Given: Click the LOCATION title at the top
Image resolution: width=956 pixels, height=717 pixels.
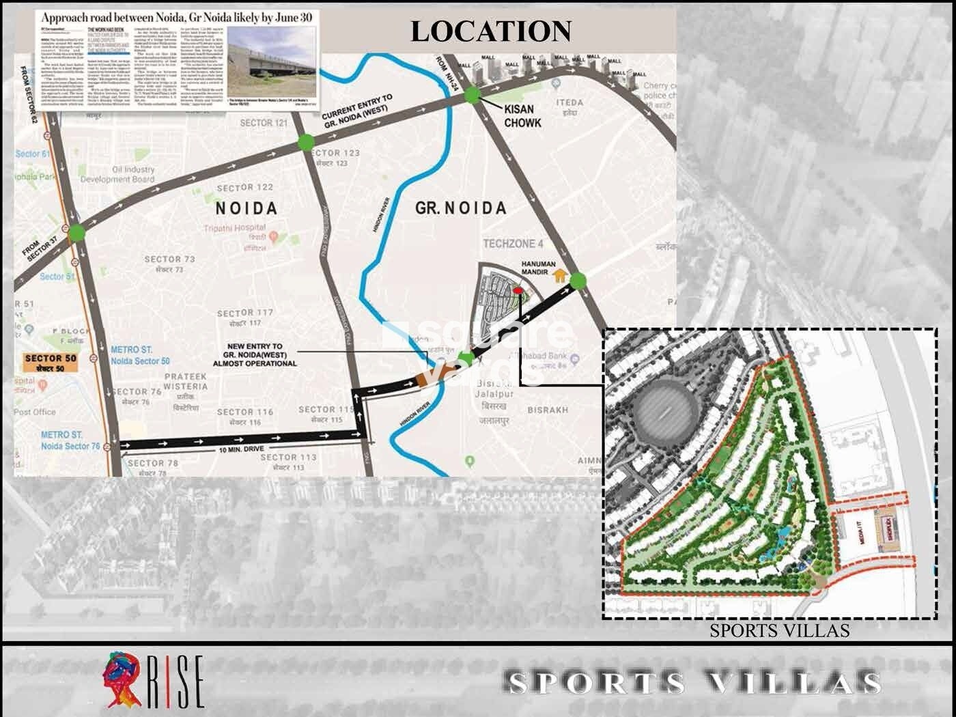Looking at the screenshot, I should (490, 31).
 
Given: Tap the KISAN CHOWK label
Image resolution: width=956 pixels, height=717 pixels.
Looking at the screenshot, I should (522, 116).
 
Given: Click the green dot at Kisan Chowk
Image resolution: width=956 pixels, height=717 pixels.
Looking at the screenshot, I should (473, 96).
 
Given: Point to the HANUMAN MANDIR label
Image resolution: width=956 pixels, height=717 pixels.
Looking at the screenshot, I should (539, 268).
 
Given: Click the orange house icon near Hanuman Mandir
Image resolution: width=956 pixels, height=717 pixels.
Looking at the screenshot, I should (560, 276).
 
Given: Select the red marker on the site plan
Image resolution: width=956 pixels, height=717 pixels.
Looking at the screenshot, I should (518, 291).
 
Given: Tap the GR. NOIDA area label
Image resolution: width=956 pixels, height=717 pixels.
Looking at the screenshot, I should (460, 208).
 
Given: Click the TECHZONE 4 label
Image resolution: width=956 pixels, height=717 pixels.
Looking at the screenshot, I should (513, 244).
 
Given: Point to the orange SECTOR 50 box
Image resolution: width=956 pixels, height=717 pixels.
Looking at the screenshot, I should (51, 362).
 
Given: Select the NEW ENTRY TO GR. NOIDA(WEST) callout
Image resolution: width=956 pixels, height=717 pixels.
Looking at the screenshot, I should (255, 355).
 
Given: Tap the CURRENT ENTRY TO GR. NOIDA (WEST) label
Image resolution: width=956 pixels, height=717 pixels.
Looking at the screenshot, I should (356, 111).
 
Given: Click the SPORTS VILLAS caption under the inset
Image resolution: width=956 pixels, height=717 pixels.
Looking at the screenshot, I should (779, 630).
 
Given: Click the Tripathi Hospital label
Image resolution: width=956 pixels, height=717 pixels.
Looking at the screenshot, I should (235, 228).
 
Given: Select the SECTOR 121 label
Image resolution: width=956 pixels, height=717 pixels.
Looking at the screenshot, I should (264, 123).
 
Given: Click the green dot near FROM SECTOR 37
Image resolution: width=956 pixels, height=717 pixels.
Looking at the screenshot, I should (77, 232).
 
